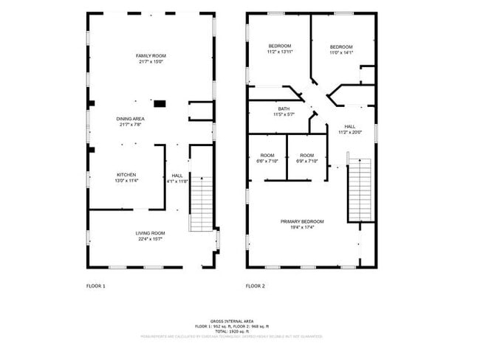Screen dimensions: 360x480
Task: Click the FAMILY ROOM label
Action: pyautogui.click(x=150, y=56)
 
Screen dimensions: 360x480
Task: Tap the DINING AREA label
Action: pyautogui.click(x=130, y=119)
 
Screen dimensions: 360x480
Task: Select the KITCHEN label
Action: pyautogui.click(x=126, y=175)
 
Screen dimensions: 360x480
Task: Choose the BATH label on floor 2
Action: pyautogui.click(x=284, y=108)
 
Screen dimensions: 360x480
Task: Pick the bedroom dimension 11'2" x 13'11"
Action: pyautogui.click(x=280, y=52)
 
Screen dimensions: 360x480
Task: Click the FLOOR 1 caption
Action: pyautogui.click(x=96, y=285)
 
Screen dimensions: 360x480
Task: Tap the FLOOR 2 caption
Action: pyautogui.click(x=256, y=285)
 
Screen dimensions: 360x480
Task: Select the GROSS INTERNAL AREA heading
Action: pyautogui.click(x=232, y=321)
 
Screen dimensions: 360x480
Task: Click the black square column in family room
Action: pyautogui.click(x=159, y=103)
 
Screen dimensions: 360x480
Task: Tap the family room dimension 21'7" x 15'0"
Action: pyautogui.click(x=150, y=62)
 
